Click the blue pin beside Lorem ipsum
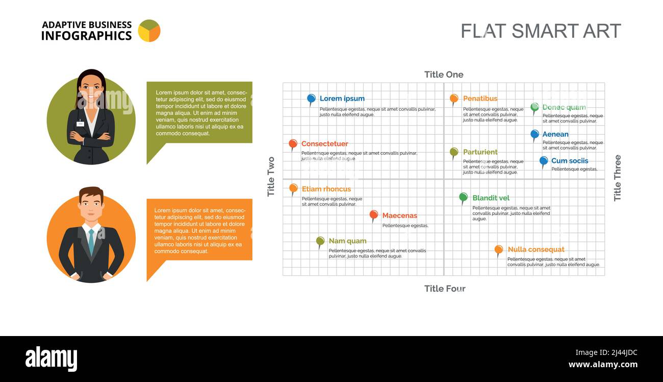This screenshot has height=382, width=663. tap(311, 98)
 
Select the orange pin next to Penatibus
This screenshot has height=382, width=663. tap(454, 98)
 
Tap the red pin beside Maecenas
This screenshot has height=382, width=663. tap(374, 215)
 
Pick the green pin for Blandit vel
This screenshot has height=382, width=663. tap(463, 197)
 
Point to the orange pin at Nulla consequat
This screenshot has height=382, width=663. tap(499, 249)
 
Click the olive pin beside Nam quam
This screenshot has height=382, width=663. tap(320, 241)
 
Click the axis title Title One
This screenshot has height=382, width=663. tap(444, 75)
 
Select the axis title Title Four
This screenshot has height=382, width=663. tap(445, 289)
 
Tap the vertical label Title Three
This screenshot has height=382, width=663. tap(617, 178)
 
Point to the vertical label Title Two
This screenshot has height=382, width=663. tap(271, 177)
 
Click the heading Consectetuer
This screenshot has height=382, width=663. tap(324, 144)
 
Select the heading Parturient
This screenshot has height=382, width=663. tap(480, 152)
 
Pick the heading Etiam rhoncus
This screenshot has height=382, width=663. tap(326, 189)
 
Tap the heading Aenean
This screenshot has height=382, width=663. tap(555, 134)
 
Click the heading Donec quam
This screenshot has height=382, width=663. tap(564, 107)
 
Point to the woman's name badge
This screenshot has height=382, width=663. tap(81, 124)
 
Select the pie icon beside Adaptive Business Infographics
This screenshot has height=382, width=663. tap(149, 31)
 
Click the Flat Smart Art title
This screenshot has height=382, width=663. tap(541, 31)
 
